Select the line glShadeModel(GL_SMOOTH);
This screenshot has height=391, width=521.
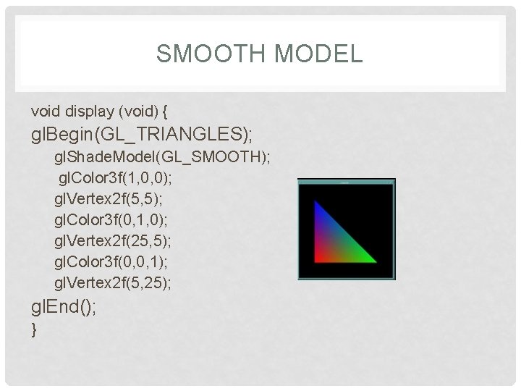[163, 157]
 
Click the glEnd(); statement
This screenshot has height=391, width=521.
[64, 307]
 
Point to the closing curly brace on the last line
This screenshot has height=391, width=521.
[34, 330]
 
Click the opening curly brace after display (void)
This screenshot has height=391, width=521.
[166, 112]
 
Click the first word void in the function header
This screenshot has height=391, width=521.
[46, 112]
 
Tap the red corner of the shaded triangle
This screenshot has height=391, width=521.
[317, 258]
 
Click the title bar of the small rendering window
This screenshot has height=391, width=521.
[347, 182]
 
